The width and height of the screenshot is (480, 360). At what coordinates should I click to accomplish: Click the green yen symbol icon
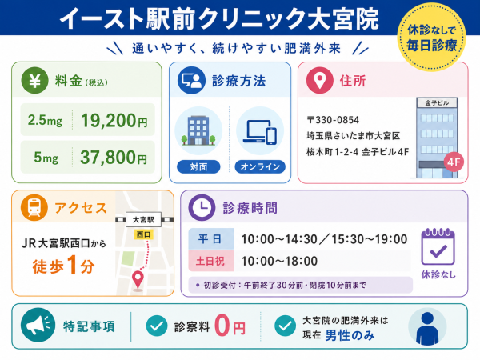coord(34,80)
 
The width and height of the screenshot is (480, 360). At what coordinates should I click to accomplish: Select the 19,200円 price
coord(114,120)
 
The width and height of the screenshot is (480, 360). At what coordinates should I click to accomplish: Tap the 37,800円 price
coord(114,158)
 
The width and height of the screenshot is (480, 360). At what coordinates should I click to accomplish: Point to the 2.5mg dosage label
coord(45,120)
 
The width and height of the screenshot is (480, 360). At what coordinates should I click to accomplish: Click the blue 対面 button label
coord(198,167)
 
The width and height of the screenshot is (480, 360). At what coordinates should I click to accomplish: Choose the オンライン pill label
coord(260,167)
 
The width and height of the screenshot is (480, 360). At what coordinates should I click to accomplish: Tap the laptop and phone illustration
coord(260,132)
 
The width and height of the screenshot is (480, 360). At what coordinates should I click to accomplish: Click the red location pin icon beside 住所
coord(319,80)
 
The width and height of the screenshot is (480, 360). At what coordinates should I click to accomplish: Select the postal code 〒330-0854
coord(333,120)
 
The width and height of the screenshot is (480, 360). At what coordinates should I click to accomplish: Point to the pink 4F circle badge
coord(454,162)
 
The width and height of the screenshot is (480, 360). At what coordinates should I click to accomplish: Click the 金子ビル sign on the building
coord(437,103)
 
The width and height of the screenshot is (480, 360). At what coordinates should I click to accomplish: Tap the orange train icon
coord(34,207)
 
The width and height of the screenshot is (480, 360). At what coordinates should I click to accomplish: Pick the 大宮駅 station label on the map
coord(143,219)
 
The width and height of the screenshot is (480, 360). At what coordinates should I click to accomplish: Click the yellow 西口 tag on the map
coord(143,234)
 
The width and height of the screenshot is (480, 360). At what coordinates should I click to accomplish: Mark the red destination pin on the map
coord(138,280)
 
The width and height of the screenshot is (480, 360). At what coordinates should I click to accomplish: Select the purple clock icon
coord(202,207)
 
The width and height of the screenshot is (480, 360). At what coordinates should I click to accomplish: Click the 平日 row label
coord(210,238)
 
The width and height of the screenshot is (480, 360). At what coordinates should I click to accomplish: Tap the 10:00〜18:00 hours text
coord(279,261)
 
